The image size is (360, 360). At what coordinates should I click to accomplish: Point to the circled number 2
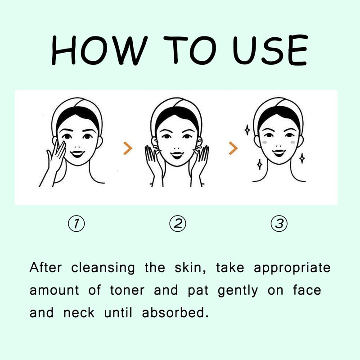pos(178,223)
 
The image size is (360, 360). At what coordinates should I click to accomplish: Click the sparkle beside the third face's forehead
pos(247,130)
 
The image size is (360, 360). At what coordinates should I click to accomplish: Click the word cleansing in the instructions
pos(103,268)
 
